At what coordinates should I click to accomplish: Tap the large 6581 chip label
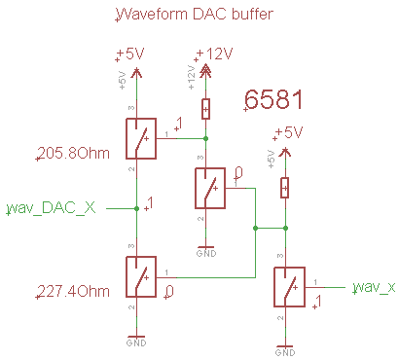pos(275,99)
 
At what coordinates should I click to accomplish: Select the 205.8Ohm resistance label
pos(71,153)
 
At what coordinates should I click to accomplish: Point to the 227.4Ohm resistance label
pos(71,291)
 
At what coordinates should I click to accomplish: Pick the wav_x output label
pos(374,287)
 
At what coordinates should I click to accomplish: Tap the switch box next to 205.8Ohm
pos(142,138)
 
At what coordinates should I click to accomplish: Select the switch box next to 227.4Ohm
pos(142,277)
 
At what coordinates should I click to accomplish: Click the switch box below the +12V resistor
pos(212,188)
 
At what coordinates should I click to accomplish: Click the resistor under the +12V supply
pos(205,107)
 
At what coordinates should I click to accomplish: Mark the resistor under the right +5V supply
pos(284,187)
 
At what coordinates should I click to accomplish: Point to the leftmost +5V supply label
pos(134,53)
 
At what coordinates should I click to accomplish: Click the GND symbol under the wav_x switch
pos(284,347)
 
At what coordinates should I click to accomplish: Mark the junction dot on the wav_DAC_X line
pos(135,208)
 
